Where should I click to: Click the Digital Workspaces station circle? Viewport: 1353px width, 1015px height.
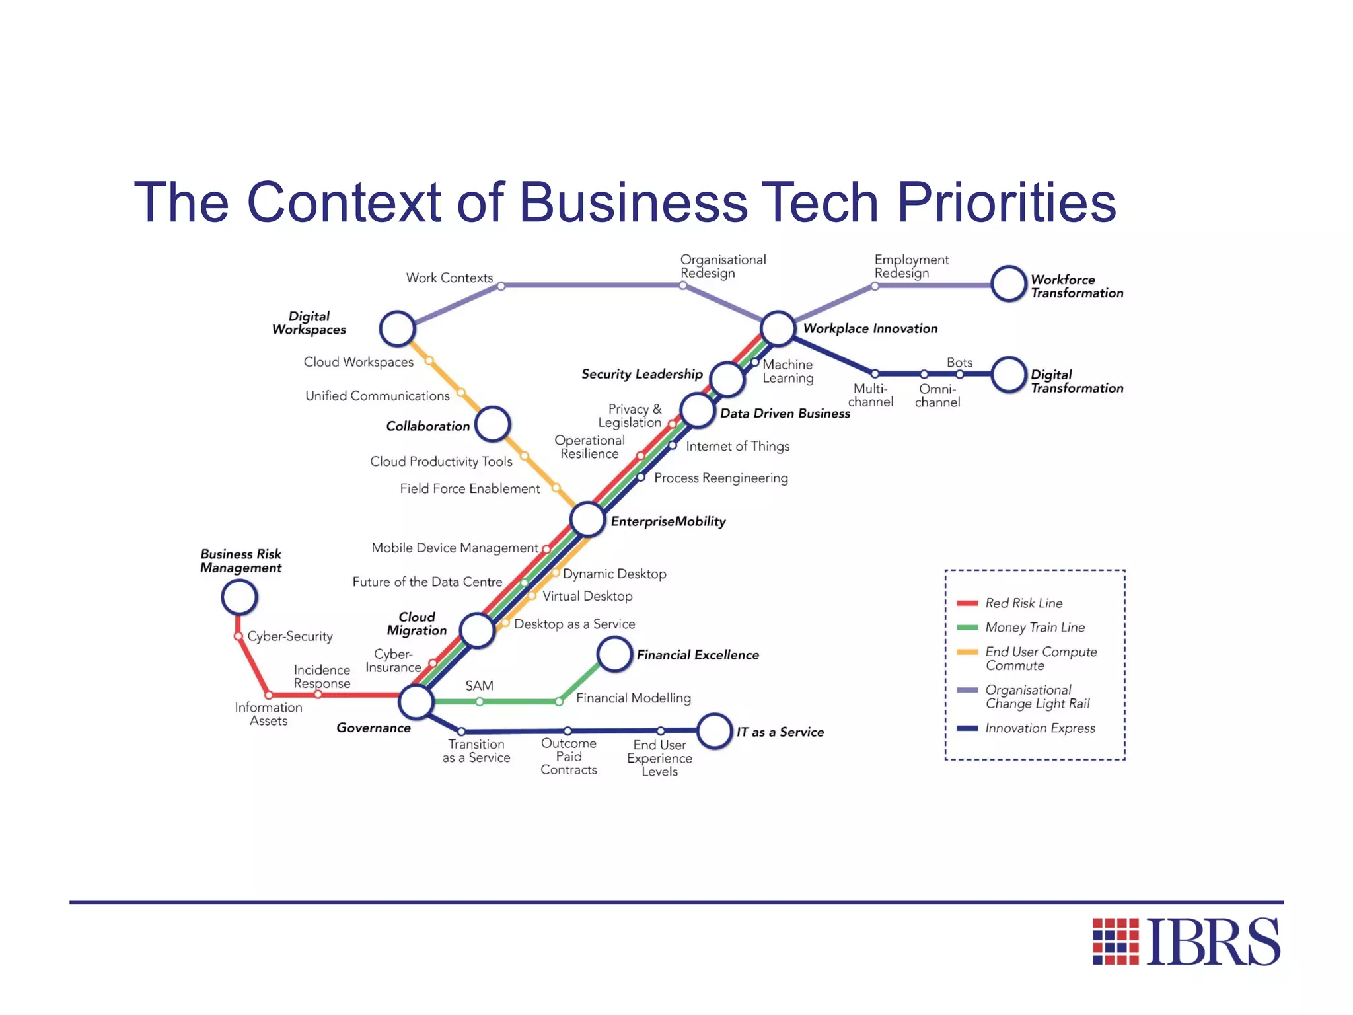tap(397, 328)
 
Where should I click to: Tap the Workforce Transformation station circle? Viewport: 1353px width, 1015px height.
tap(1008, 283)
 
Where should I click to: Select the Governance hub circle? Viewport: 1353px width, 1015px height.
tap(416, 701)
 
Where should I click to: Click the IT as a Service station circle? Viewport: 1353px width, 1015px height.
tap(714, 731)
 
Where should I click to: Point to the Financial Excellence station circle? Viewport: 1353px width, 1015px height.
tap(614, 654)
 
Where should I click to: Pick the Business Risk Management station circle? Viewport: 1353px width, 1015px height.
tap(239, 597)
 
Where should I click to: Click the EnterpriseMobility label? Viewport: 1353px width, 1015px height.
tap(668, 521)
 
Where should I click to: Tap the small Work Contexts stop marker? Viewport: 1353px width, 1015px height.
tap(501, 286)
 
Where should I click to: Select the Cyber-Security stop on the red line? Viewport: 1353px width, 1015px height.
tap(238, 636)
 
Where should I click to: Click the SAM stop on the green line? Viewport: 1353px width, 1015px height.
tap(480, 702)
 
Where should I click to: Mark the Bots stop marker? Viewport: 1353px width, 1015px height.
tap(959, 374)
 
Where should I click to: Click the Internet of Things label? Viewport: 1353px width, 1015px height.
tap(737, 447)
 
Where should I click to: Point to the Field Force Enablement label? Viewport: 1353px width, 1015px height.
tap(470, 488)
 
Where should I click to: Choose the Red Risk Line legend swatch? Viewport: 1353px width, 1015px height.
tap(967, 603)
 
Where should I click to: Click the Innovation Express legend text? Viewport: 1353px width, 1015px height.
tap(1040, 728)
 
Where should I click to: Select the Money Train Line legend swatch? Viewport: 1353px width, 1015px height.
tap(967, 627)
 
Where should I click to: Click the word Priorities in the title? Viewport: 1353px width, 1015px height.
tap(1006, 202)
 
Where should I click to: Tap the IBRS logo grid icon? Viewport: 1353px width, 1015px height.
tap(1115, 941)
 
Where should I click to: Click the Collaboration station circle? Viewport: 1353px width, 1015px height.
tap(493, 424)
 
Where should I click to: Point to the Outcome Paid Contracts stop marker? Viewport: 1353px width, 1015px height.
tap(567, 731)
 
